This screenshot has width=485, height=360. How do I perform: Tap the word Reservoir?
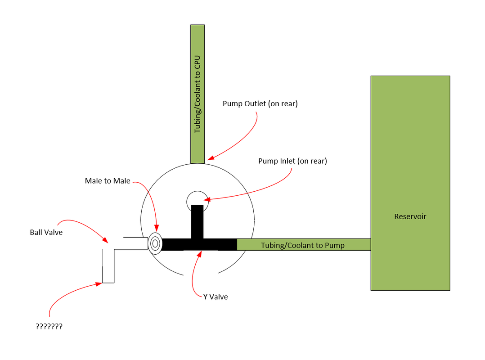410,216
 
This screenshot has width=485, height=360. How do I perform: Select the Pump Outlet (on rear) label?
260,104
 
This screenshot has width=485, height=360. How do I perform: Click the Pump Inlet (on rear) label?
292,161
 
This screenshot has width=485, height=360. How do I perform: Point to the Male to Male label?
108,181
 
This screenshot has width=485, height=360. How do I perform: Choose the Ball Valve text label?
46,232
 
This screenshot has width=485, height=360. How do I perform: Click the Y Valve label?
216,297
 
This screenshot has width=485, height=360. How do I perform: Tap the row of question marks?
49,326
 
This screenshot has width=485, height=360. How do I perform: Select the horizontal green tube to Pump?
303,245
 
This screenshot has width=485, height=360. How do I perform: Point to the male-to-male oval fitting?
155,244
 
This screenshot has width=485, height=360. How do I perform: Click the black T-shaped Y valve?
198,238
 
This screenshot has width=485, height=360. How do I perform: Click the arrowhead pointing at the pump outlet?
210,158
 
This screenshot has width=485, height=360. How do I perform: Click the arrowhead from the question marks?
99,283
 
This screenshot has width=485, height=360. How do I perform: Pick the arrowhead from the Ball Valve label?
105,241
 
